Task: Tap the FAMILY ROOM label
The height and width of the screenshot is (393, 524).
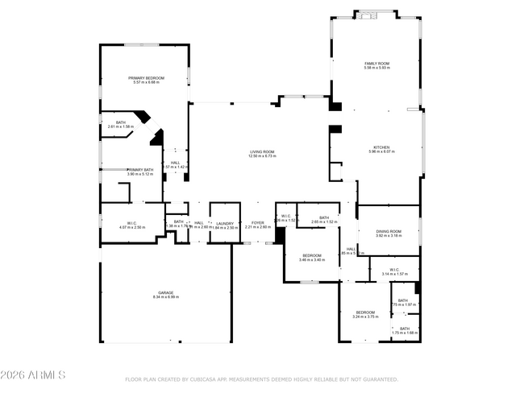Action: coord(376,63)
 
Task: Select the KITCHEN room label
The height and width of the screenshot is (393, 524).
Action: coord(381,147)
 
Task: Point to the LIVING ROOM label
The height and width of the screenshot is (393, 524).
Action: coord(263,151)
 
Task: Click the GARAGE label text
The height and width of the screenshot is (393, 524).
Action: coord(165,292)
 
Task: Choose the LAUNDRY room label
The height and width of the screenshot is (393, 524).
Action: coord(225,223)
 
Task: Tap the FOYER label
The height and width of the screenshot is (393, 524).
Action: coord(258,223)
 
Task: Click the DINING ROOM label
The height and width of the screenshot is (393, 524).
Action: coord(389,232)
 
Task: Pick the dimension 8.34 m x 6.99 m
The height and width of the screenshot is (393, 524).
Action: coord(165,297)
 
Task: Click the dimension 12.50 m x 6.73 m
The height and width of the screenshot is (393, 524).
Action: coord(263,156)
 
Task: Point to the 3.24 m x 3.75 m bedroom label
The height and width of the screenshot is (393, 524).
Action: coord(365,312)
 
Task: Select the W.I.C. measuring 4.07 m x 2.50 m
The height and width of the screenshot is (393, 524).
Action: coord(131,223)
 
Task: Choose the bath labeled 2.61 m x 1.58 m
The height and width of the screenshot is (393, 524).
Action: coord(121,123)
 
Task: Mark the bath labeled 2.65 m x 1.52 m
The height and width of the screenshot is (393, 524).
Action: coord(324,217)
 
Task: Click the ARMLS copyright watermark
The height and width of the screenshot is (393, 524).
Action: coord(33,376)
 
